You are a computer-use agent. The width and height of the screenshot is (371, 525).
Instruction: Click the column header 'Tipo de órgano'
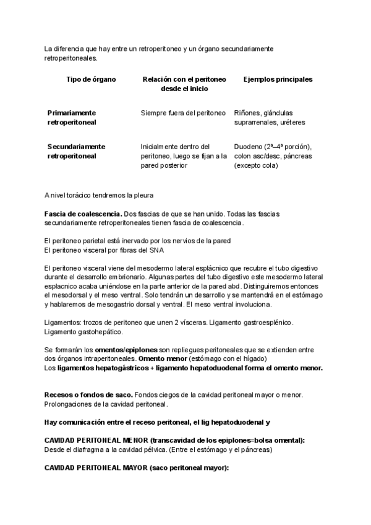tap(91, 80)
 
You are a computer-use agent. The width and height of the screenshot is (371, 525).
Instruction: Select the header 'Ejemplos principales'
tap(278, 80)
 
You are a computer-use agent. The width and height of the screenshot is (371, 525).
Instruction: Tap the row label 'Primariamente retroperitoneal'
tap(72, 118)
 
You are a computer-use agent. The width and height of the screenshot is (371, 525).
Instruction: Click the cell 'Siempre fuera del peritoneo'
tap(183, 113)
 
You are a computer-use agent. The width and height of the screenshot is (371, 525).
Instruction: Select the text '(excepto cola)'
tap(256, 165)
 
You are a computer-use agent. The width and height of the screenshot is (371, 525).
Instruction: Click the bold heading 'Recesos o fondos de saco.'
tap(88, 395)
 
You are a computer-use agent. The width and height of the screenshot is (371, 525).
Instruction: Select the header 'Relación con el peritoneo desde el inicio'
tap(184, 84)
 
